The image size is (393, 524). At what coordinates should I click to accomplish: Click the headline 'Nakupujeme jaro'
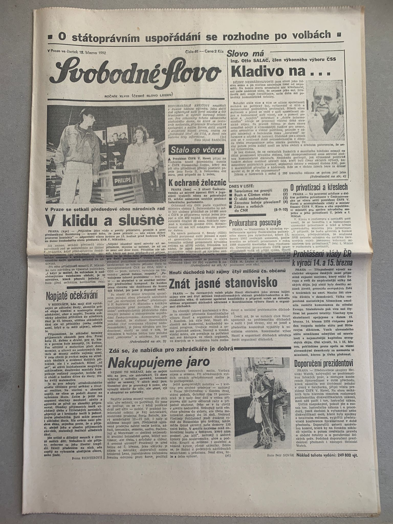point(159,362)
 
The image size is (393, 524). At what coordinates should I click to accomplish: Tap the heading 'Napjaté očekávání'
point(72,295)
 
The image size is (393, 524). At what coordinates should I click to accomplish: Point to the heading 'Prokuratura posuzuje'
point(255,222)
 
